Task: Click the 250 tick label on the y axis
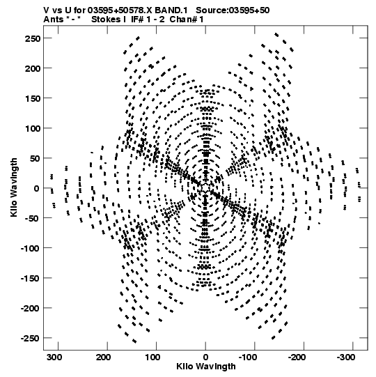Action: click(x=32, y=38)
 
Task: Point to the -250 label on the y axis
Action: click(x=30, y=338)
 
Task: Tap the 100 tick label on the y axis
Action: click(x=32, y=128)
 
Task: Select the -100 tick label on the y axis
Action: click(x=30, y=248)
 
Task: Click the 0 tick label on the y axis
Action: click(x=36, y=188)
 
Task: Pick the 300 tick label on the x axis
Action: click(x=54, y=357)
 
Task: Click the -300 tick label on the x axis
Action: click(x=345, y=357)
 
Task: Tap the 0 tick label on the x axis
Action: click(x=205, y=357)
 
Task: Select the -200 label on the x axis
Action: click(x=296, y=357)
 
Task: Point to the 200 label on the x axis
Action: click(x=104, y=357)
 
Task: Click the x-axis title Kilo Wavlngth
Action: click(x=206, y=367)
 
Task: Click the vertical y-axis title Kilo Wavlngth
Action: click(x=14, y=187)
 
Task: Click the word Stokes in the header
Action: click(x=107, y=20)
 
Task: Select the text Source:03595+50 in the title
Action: click(x=233, y=10)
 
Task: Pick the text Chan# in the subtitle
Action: click(x=183, y=20)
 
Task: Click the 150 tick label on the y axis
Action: click(x=32, y=98)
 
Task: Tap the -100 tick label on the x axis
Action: click(x=247, y=357)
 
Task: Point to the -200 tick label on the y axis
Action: click(x=30, y=308)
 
